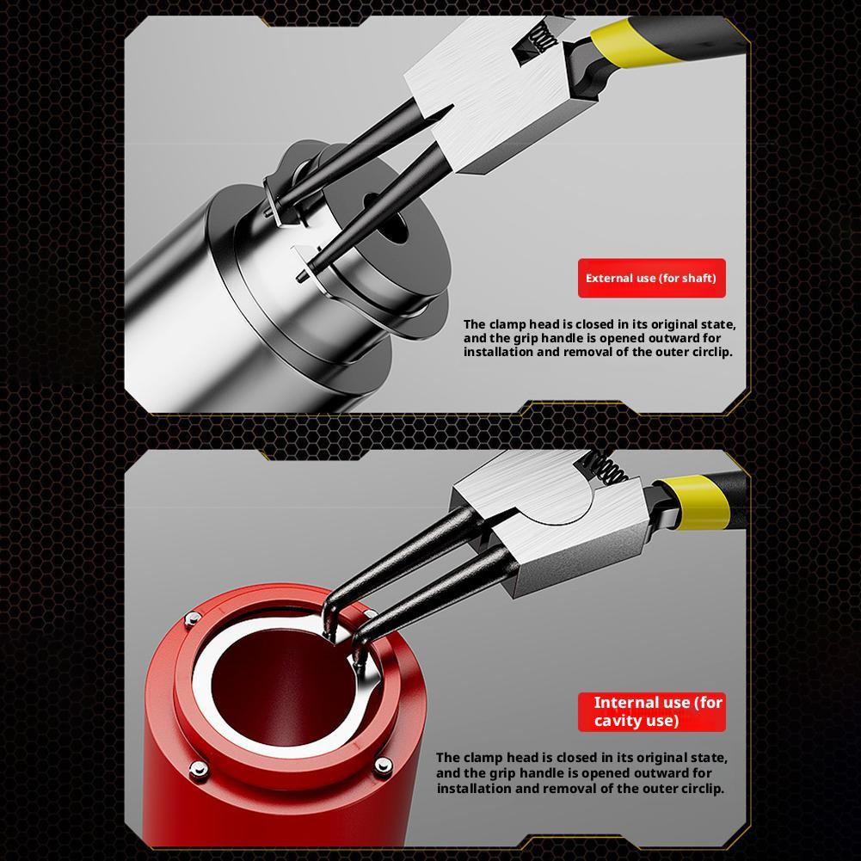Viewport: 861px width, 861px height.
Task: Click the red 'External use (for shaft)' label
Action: point(651,279)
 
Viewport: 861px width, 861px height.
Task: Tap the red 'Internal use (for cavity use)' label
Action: point(651,711)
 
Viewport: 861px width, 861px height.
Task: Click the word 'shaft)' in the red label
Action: point(696,279)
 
